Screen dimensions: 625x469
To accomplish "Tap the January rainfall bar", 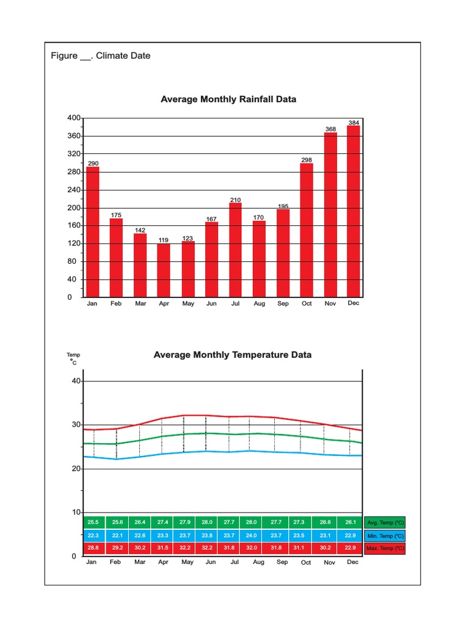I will click(x=92, y=232).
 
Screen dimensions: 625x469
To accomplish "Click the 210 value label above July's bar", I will click(x=236, y=200).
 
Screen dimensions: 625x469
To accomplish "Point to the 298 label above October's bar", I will click(x=307, y=160).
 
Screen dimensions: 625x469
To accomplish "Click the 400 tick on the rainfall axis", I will click(x=73, y=118).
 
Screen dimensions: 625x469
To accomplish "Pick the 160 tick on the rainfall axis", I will click(x=73, y=226).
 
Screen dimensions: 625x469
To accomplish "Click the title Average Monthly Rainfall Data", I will click(x=228, y=99).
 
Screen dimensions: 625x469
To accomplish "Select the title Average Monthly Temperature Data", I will click(x=233, y=355).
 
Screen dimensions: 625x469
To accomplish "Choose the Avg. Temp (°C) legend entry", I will click(x=385, y=523).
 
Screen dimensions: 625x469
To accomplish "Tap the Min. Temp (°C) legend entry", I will click(x=385, y=535).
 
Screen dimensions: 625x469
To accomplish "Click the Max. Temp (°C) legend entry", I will click(x=385, y=548).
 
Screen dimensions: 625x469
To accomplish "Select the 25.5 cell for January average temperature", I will click(x=93, y=522).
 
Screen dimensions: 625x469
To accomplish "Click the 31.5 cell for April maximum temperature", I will click(x=163, y=548).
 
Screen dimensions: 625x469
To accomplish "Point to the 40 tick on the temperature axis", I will click(x=76, y=381).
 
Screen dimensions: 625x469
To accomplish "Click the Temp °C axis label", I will click(x=73, y=358).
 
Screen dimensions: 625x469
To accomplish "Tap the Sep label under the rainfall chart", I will click(x=283, y=303).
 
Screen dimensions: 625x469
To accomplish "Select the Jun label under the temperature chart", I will click(x=211, y=562).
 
